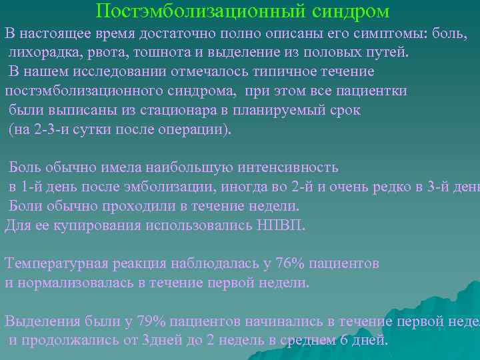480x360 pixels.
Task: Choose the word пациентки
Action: click(373, 91)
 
